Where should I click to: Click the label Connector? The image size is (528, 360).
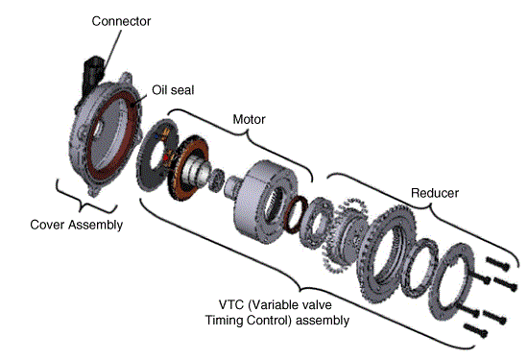pos(121,21)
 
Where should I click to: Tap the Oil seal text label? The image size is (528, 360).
pos(173,90)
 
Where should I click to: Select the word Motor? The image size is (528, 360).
pos(250,119)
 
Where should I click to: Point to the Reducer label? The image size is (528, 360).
pos(435,193)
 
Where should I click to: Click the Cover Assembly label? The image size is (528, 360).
pos(77,225)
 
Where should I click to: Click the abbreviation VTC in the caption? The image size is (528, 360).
pos(231,304)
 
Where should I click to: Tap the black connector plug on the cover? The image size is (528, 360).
pos(92,74)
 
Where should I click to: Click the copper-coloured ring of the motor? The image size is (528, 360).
pos(188,168)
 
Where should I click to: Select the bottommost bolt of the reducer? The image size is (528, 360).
pos(475,330)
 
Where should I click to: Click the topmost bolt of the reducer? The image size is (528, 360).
pos(497,263)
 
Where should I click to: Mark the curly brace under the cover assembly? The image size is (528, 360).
pos(84,199)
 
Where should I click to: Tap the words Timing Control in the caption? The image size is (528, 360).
pos(249,320)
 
